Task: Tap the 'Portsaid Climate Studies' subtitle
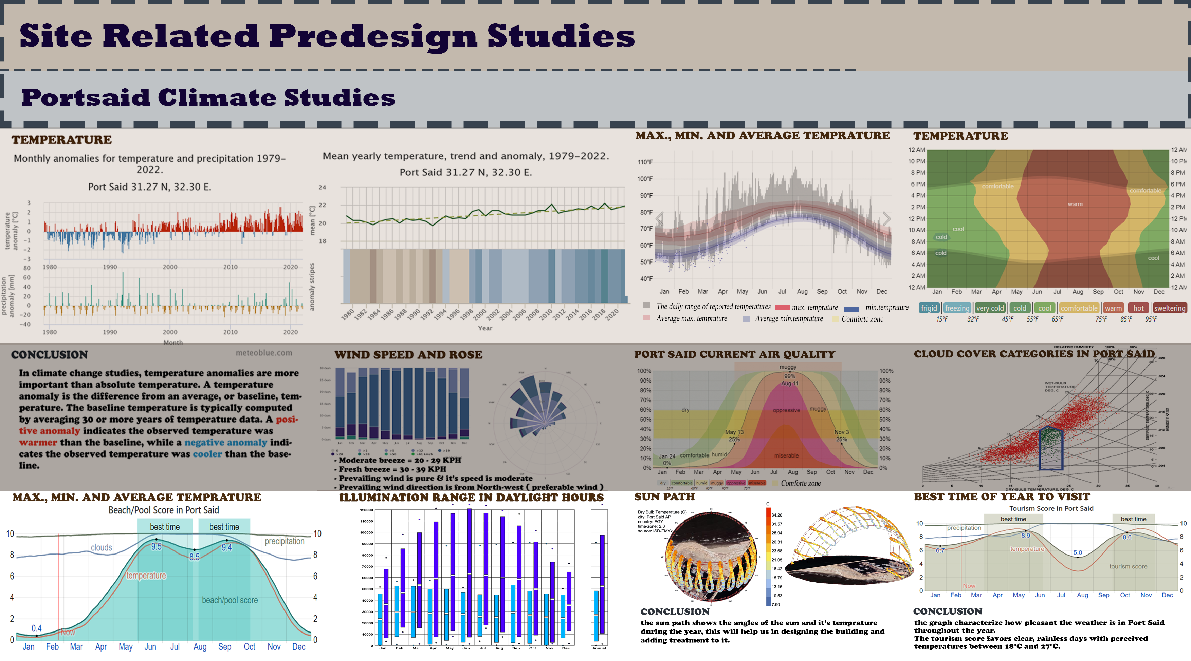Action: click(208, 97)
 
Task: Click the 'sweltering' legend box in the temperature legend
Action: click(1169, 308)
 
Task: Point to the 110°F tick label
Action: click(645, 162)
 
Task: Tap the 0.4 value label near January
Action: click(37, 628)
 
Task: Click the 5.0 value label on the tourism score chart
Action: click(1078, 552)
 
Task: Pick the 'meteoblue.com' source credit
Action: click(264, 353)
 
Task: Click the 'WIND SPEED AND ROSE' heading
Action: click(408, 355)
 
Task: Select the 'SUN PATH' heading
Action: click(664, 497)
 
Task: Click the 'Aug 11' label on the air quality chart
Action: click(790, 383)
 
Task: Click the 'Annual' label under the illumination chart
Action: click(599, 648)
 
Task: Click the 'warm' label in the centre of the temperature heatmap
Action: click(1075, 204)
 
